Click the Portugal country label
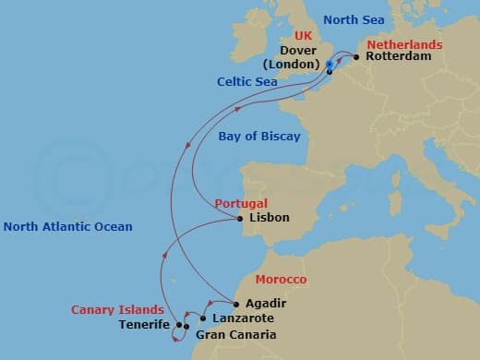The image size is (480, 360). (x=241, y=203)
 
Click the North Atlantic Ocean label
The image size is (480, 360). (x=67, y=226)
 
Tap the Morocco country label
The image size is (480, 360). (x=281, y=279)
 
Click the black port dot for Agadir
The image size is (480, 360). (x=237, y=304)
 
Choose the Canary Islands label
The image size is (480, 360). (x=118, y=310)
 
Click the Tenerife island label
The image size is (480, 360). (x=144, y=325)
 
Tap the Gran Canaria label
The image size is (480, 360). (x=235, y=334)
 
